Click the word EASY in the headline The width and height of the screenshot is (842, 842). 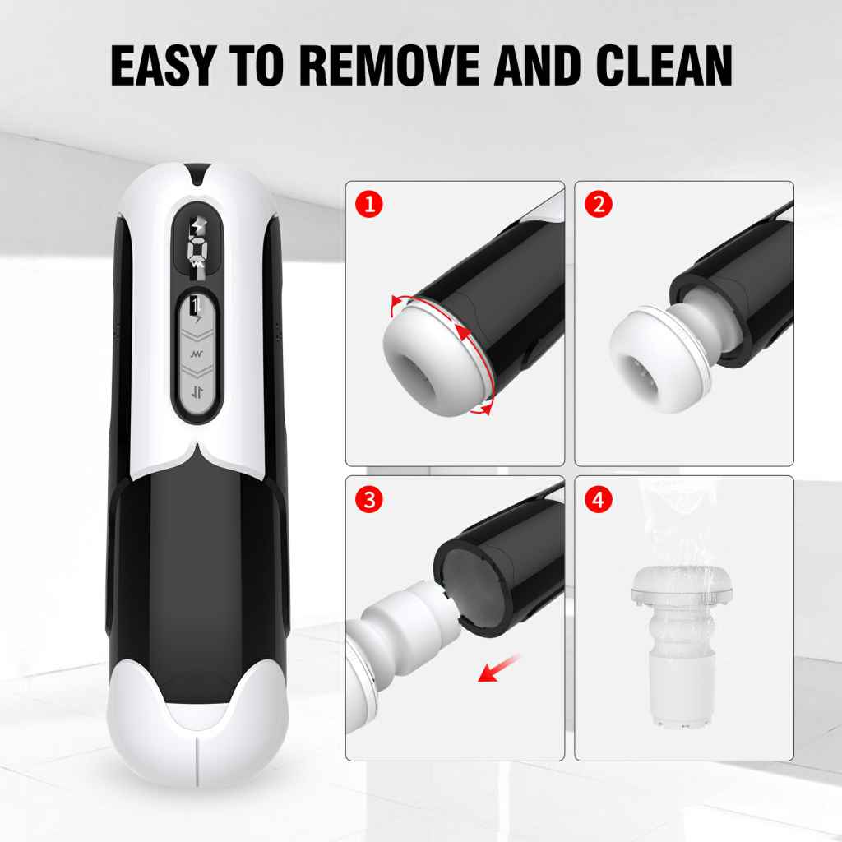click(x=163, y=65)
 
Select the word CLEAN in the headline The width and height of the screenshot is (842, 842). click(x=664, y=65)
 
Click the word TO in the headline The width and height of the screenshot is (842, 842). click(x=257, y=65)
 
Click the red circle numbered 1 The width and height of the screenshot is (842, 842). click(x=369, y=205)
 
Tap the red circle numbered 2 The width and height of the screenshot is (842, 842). click(x=599, y=205)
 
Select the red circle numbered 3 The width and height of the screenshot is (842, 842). click(x=369, y=500)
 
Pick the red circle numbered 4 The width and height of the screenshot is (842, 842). click(x=599, y=500)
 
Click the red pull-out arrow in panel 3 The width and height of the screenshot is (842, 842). click(x=498, y=669)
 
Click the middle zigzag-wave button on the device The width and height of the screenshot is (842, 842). click(x=197, y=354)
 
